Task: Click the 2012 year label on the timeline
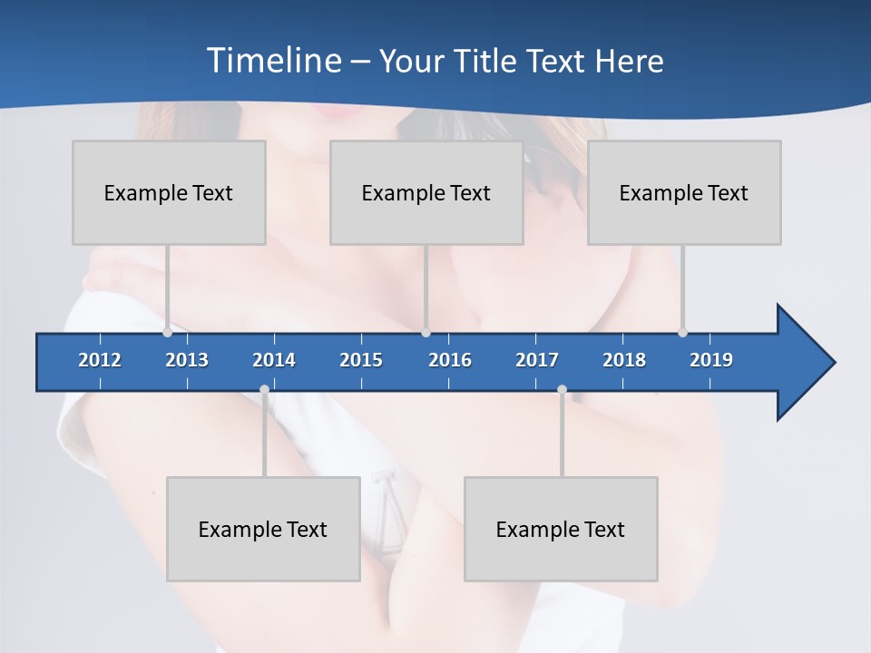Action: [100, 360]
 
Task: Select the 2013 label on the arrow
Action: [187, 360]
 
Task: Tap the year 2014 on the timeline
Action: [274, 360]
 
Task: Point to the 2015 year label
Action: [361, 360]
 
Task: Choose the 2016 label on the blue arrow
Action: [450, 360]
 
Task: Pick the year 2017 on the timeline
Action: [537, 360]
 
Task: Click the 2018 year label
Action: [624, 360]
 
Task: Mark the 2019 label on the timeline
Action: [711, 360]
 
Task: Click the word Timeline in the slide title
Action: [274, 60]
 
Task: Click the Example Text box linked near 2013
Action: [169, 192]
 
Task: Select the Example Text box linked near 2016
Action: [426, 192]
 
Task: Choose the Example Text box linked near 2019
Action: [684, 192]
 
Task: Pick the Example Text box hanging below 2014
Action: [263, 529]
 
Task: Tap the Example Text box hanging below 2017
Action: [561, 529]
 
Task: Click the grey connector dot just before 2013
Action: [167, 332]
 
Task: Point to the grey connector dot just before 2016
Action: [426, 332]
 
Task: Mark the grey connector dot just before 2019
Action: [682, 332]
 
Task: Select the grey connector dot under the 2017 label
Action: [562, 390]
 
